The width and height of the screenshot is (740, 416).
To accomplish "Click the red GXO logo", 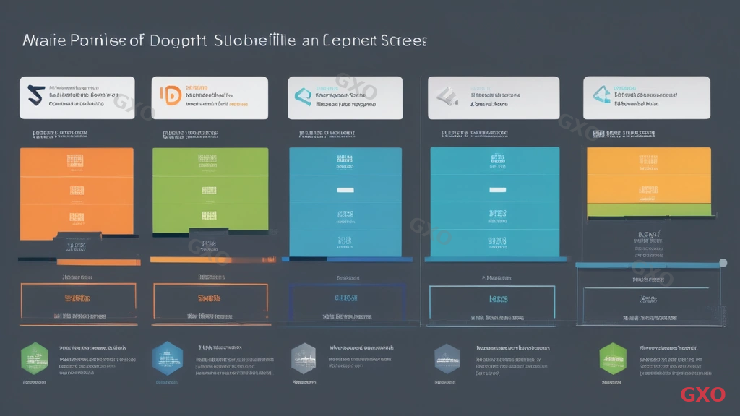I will (x=702, y=394).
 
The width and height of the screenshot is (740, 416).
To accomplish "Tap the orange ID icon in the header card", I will (x=170, y=96).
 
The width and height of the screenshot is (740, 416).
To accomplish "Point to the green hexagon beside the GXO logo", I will (x=613, y=356).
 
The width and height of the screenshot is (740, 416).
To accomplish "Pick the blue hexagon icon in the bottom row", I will (x=165, y=356).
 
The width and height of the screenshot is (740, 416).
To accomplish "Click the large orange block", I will (x=77, y=191).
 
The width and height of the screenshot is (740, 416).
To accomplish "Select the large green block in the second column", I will (x=210, y=191).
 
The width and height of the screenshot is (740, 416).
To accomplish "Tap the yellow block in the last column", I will (x=649, y=175).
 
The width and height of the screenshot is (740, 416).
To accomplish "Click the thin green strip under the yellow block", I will (x=649, y=210).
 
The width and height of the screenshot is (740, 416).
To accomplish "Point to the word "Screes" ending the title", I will (x=399, y=40).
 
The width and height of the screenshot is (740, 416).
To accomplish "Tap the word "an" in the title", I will (x=309, y=41).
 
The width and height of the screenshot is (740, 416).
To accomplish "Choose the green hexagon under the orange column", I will (x=35, y=356).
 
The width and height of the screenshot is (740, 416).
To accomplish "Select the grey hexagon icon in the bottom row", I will (x=304, y=357).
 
